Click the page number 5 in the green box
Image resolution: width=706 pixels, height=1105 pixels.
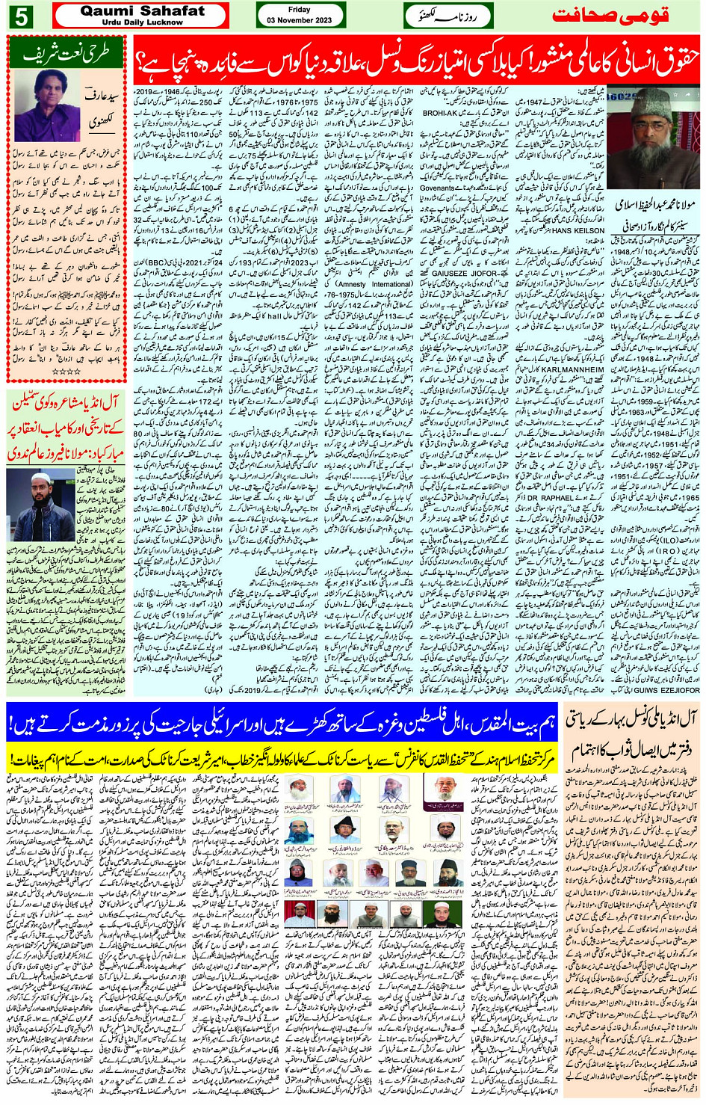pos(21,16)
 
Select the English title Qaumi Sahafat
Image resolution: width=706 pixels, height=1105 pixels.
pos(142,10)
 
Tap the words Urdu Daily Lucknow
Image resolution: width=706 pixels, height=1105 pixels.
pos(142,22)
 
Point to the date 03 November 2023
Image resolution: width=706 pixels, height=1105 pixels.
pos(300,20)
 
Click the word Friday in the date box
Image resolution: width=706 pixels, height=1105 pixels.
pos(299,10)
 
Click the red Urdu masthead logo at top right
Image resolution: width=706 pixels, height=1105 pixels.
pos(610,16)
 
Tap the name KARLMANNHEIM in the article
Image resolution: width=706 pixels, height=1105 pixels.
pos(572,369)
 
